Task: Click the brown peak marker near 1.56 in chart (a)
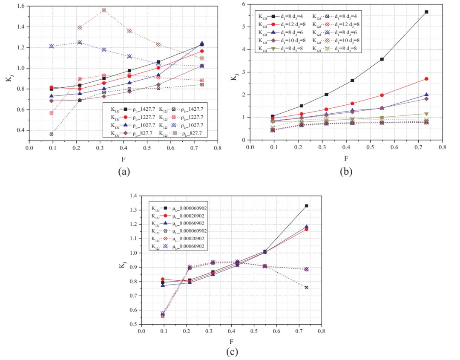tap(104, 10)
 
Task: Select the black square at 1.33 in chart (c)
tap(306, 206)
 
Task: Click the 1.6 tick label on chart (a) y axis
tap(19, 6)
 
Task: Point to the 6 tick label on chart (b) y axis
tap(244, 4)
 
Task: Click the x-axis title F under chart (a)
tap(124, 160)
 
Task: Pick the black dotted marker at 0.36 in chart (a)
tap(52, 134)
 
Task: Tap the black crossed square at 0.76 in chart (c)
tap(306, 288)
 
